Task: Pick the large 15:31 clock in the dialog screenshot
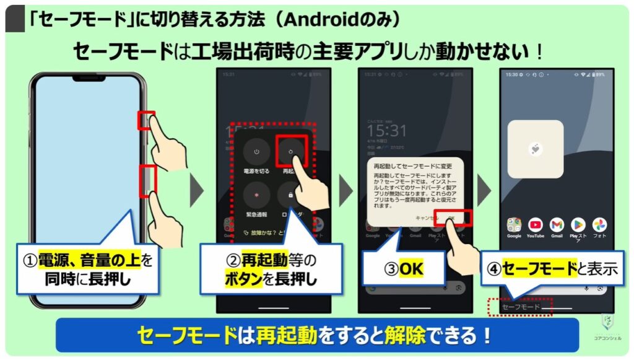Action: coord(386,131)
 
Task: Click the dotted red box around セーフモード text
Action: coord(519,307)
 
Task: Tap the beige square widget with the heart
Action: coord(535,149)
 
